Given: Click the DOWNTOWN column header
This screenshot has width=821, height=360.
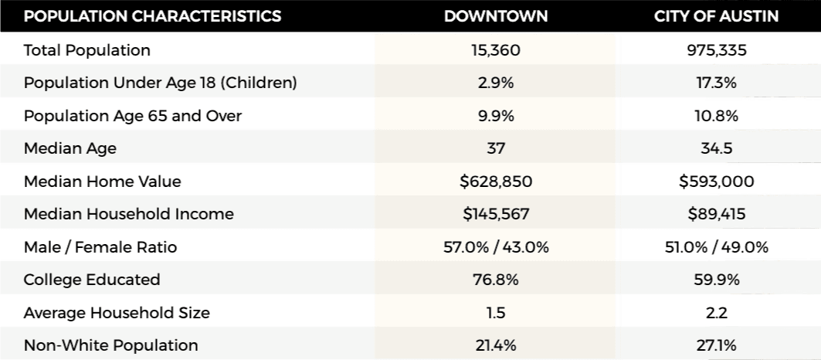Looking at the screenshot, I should pyautogui.click(x=495, y=16).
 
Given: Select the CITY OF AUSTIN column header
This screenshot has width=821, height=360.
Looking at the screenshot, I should pyautogui.click(x=717, y=16).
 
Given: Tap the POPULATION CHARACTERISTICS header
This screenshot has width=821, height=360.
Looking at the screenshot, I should pyautogui.click(x=153, y=16).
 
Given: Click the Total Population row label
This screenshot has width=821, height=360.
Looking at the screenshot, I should pyautogui.click(x=87, y=50).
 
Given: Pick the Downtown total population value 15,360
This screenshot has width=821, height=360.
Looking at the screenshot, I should pyautogui.click(x=495, y=50).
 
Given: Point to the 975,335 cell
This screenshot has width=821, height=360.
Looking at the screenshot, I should pyautogui.click(x=717, y=50).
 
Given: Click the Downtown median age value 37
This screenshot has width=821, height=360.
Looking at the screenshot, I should pyautogui.click(x=495, y=148).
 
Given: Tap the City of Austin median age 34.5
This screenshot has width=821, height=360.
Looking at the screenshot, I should pyautogui.click(x=717, y=148).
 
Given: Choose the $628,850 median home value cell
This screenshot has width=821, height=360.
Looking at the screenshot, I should pyautogui.click(x=495, y=182).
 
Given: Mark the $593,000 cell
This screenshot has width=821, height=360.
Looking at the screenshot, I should pyautogui.click(x=717, y=182).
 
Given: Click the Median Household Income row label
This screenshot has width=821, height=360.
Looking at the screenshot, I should pyautogui.click(x=129, y=214).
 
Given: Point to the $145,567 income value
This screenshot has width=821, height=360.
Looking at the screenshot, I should pyautogui.click(x=495, y=214).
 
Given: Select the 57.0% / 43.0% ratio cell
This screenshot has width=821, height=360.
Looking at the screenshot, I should pyautogui.click(x=495, y=247).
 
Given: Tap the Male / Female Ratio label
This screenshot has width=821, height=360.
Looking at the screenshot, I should pyautogui.click(x=100, y=247).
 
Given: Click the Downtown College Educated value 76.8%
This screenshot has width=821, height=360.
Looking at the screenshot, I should pyautogui.click(x=495, y=280).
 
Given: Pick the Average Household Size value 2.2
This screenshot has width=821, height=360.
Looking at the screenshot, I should pyautogui.click(x=717, y=313).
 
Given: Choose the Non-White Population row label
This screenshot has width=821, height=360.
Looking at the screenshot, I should pyautogui.click(x=111, y=345).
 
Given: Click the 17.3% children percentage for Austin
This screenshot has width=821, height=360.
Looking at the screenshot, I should pyautogui.click(x=717, y=83).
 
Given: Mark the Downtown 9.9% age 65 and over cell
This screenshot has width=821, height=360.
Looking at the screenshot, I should pyautogui.click(x=495, y=116).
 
